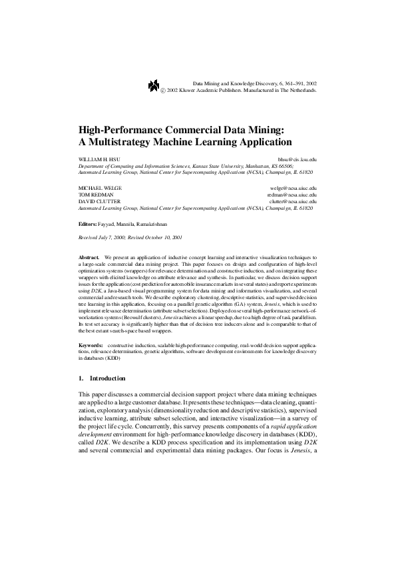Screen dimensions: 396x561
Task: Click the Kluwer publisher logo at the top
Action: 153,84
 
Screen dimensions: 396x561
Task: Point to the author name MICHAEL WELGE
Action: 96,189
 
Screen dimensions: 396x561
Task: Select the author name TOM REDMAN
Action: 91,195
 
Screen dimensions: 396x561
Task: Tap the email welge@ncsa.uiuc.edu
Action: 295,189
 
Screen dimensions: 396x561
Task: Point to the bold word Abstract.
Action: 89,257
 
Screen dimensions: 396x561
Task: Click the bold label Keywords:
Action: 91,346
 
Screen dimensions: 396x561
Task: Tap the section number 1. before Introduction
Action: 81,378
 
